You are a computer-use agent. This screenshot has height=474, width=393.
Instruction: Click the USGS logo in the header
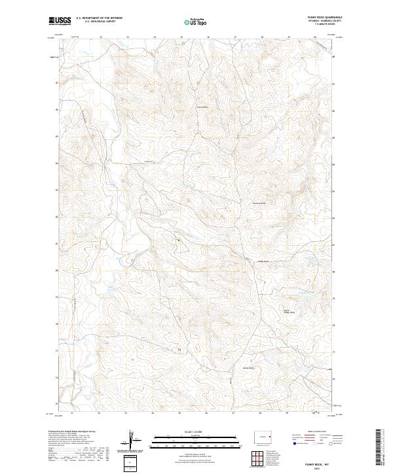pyautogui.click(x=60, y=21)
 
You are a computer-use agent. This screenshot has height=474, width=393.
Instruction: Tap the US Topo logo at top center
pyautogui.click(x=196, y=22)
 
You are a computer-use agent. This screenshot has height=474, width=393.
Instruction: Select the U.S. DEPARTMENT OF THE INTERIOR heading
pyautogui.click(x=99, y=18)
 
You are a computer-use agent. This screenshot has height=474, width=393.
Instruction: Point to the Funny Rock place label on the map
pyautogui.click(x=202, y=107)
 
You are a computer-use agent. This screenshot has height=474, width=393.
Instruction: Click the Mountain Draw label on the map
pyautogui.click(x=259, y=203)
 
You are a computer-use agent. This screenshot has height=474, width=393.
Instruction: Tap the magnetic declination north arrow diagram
pyautogui.click(x=133, y=442)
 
